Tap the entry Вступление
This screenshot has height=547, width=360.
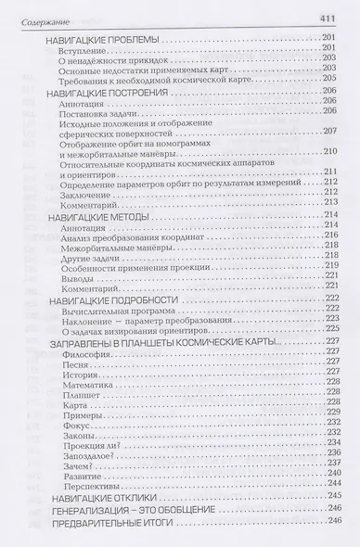pyautogui.click(x=81, y=51)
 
